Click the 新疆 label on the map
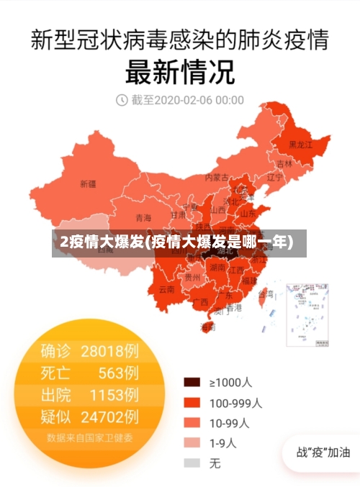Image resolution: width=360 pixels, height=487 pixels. coord(88,183)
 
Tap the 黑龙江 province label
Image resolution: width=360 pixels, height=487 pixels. coord(300,145)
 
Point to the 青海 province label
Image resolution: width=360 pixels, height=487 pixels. coord(143,218)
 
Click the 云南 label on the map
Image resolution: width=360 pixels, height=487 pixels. coord(167,289)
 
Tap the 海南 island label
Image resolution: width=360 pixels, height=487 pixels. coord(207,327)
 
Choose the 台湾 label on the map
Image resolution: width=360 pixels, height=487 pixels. coord(266,293)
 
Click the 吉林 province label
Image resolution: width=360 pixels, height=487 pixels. coord(285,163)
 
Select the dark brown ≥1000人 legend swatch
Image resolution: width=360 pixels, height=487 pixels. coord(192,382)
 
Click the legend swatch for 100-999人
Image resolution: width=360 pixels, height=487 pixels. coord(192,403)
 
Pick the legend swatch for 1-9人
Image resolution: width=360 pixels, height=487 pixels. coord(192,443)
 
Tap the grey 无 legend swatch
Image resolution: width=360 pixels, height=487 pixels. coord(192,464)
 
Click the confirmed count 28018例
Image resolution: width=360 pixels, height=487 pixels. coord(109,351)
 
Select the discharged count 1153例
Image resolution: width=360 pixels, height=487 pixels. coord(114,394)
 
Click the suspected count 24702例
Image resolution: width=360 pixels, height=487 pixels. coord(109,416)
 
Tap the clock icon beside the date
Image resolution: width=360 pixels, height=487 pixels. coord(122,100)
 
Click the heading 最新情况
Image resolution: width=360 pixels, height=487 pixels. coord(180,72)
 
